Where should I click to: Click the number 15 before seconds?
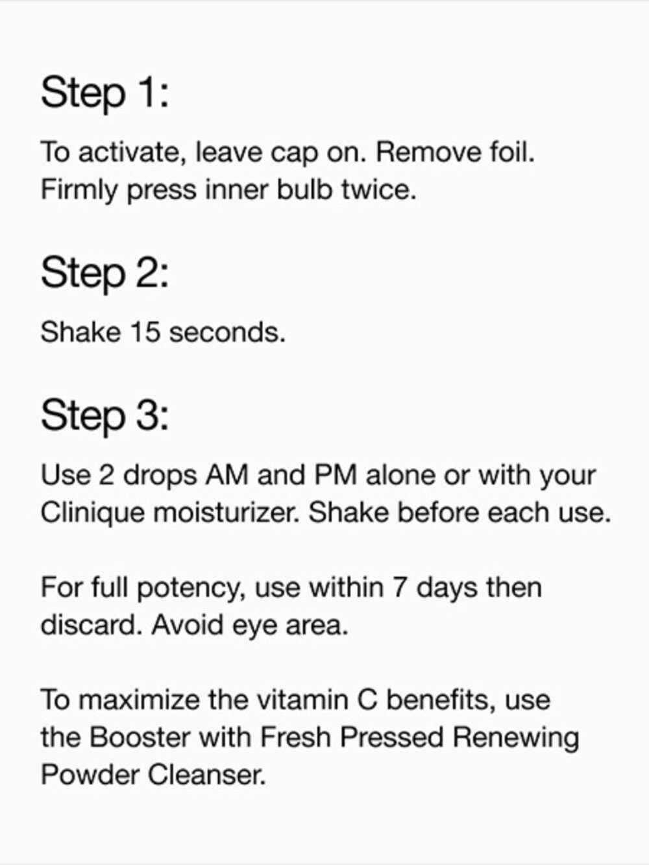(x=145, y=332)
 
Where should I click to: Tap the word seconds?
(x=227, y=332)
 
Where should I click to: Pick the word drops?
(x=160, y=475)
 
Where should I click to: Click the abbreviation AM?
(x=227, y=475)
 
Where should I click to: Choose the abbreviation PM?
(x=336, y=475)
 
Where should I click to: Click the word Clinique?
(x=93, y=513)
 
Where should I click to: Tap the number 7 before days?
(x=400, y=588)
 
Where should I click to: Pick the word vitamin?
(x=302, y=700)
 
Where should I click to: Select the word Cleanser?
(x=207, y=775)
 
